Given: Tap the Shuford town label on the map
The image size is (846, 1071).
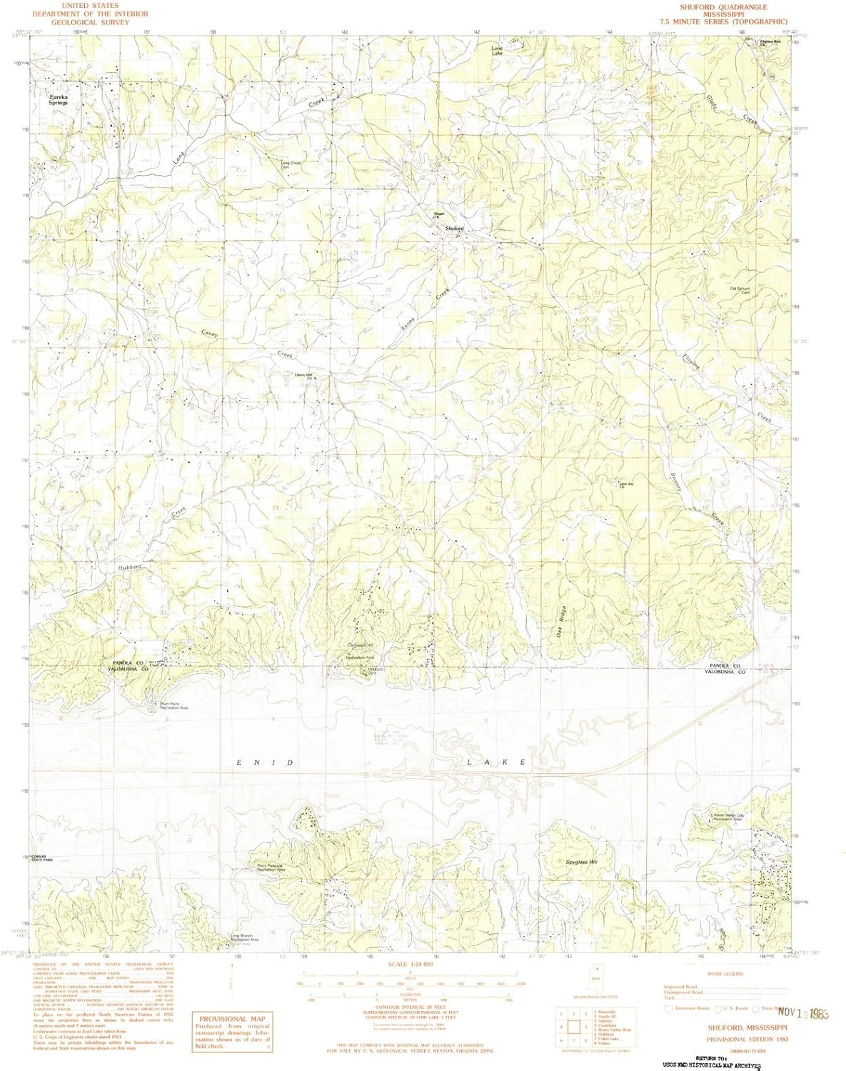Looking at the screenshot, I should (x=455, y=228).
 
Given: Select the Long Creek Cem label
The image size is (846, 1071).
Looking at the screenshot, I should (x=291, y=165).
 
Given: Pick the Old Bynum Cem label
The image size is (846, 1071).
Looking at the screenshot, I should (x=739, y=291).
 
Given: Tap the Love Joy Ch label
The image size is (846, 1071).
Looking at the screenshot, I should (x=626, y=486).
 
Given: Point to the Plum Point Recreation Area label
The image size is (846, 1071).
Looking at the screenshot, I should (x=173, y=706).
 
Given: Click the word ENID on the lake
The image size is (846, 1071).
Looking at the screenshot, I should (x=265, y=763).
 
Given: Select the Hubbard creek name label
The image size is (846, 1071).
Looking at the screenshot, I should (x=130, y=566).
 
